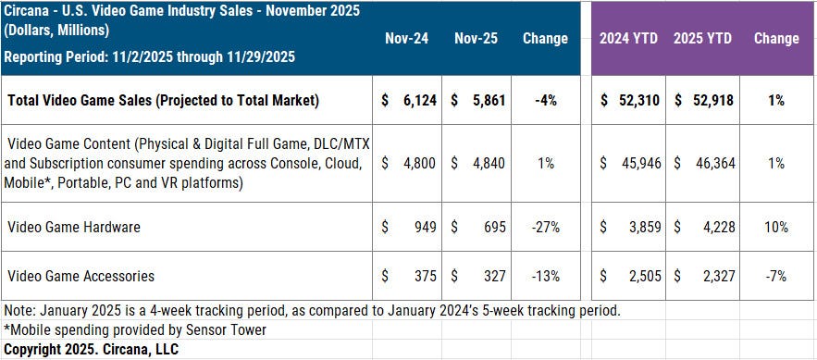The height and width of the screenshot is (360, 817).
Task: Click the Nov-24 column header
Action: (x=407, y=39)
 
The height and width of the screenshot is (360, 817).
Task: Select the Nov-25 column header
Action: (x=477, y=39)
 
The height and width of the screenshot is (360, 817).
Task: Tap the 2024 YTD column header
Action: (x=628, y=39)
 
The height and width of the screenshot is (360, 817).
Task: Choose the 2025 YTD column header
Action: (x=702, y=39)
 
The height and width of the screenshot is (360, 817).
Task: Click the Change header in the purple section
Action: (x=776, y=39)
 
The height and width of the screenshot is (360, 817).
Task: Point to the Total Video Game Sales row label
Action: (x=163, y=100)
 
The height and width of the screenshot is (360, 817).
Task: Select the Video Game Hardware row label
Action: (x=74, y=227)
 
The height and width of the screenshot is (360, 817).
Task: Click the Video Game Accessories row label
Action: (x=80, y=276)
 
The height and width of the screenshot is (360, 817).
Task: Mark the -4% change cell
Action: (x=546, y=100)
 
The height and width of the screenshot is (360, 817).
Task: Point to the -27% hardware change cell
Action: (x=546, y=227)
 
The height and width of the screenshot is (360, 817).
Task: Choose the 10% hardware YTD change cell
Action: (x=776, y=227)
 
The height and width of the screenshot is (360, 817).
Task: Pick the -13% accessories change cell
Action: (x=546, y=276)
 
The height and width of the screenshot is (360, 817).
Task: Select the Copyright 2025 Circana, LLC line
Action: (x=91, y=349)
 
